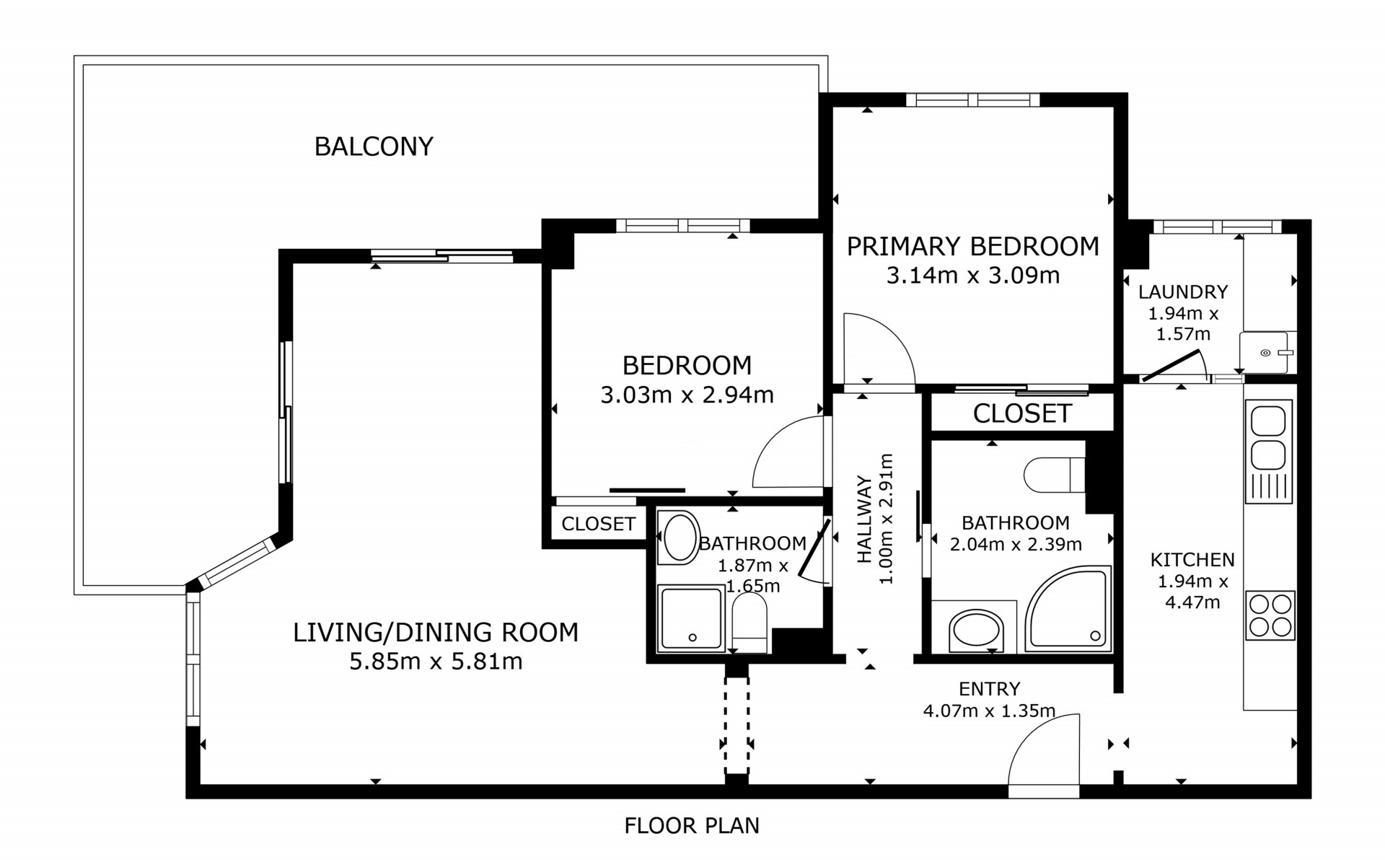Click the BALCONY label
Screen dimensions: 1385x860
[374, 146]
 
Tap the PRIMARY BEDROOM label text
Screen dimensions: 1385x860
[972, 247]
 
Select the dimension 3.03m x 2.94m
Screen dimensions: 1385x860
[687, 395]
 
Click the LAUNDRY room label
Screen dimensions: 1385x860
[1183, 292]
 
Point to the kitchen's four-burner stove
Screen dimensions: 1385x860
[1270, 615]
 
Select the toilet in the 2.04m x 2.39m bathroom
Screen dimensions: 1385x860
[1055, 475]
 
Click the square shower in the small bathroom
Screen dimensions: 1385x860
[690, 619]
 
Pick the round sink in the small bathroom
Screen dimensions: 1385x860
[679, 537]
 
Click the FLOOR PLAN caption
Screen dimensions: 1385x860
[692, 825]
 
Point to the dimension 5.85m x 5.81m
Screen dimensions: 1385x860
[436, 661]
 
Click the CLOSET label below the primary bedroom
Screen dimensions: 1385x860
[1022, 413]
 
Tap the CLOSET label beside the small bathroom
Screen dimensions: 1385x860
[598, 524]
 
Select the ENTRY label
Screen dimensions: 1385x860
[989, 689]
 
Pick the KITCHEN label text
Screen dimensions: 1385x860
[1192, 560]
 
